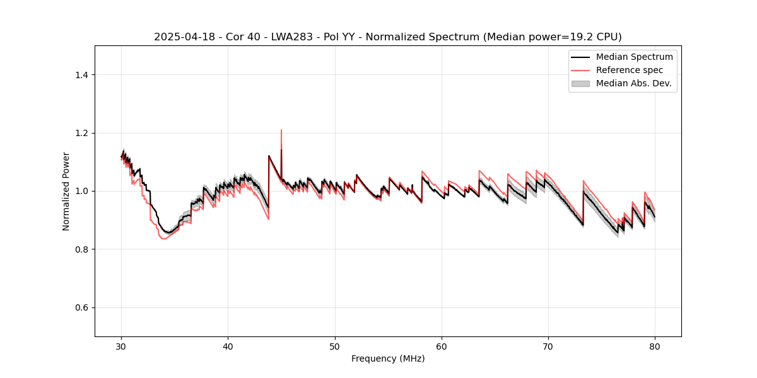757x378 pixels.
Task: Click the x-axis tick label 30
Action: point(122,346)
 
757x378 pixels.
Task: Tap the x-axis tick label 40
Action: point(228,346)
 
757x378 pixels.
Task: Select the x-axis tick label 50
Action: point(335,346)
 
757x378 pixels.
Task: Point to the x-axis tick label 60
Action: point(442,346)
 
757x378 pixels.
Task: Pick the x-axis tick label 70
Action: point(548,346)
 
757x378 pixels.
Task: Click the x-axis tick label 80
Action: point(655,346)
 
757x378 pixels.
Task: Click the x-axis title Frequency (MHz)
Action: point(388,358)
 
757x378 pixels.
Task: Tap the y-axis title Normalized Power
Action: point(66,191)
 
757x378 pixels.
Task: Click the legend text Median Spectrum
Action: point(634,57)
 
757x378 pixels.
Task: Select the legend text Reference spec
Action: point(630,70)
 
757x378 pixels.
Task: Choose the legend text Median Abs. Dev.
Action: point(633,83)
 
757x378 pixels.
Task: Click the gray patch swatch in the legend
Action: point(580,83)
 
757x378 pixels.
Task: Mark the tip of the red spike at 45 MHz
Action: point(281,130)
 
